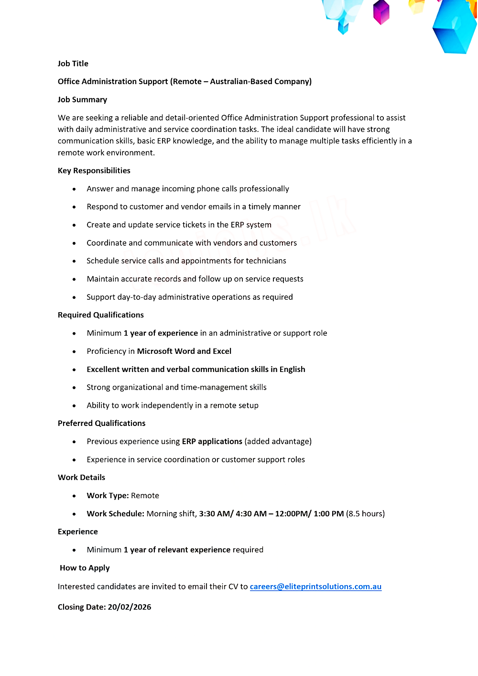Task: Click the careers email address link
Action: point(315,587)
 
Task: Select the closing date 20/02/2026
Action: point(129,607)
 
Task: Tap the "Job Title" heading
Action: point(73,64)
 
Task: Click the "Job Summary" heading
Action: point(82,99)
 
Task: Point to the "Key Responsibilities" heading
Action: point(94,171)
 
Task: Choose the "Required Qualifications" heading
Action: point(101,315)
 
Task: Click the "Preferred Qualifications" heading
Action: point(101,423)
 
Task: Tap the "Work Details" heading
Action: point(81,478)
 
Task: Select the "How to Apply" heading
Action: point(85,568)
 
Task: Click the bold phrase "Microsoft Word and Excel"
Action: point(184,351)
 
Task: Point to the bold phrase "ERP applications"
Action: point(212,441)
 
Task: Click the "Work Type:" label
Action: point(108,496)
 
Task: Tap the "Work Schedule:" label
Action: point(115,514)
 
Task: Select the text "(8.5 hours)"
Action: point(365,514)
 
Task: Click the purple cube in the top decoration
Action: point(381,12)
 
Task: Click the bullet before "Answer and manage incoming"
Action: point(74,189)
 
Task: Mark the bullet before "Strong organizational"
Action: point(74,388)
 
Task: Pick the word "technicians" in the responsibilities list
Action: point(266,261)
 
